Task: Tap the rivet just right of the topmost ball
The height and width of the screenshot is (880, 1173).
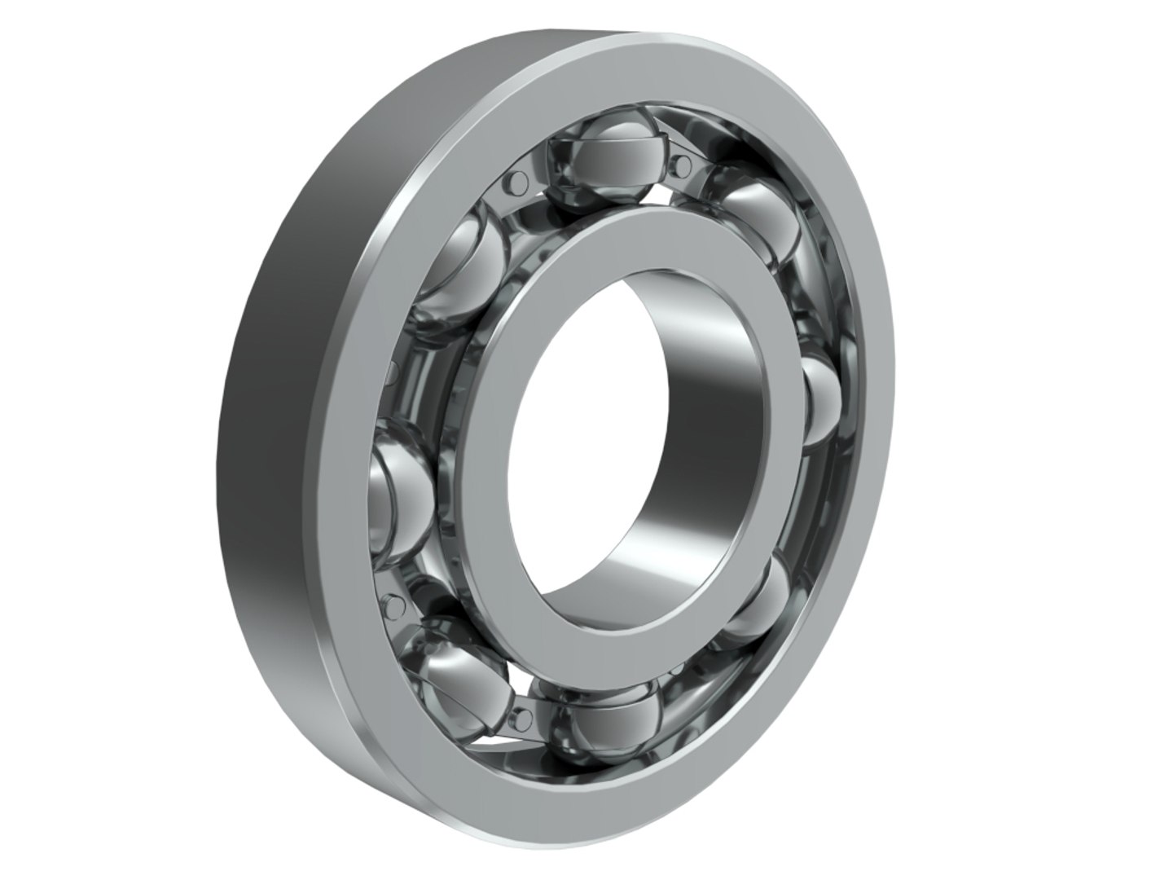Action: (x=683, y=166)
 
